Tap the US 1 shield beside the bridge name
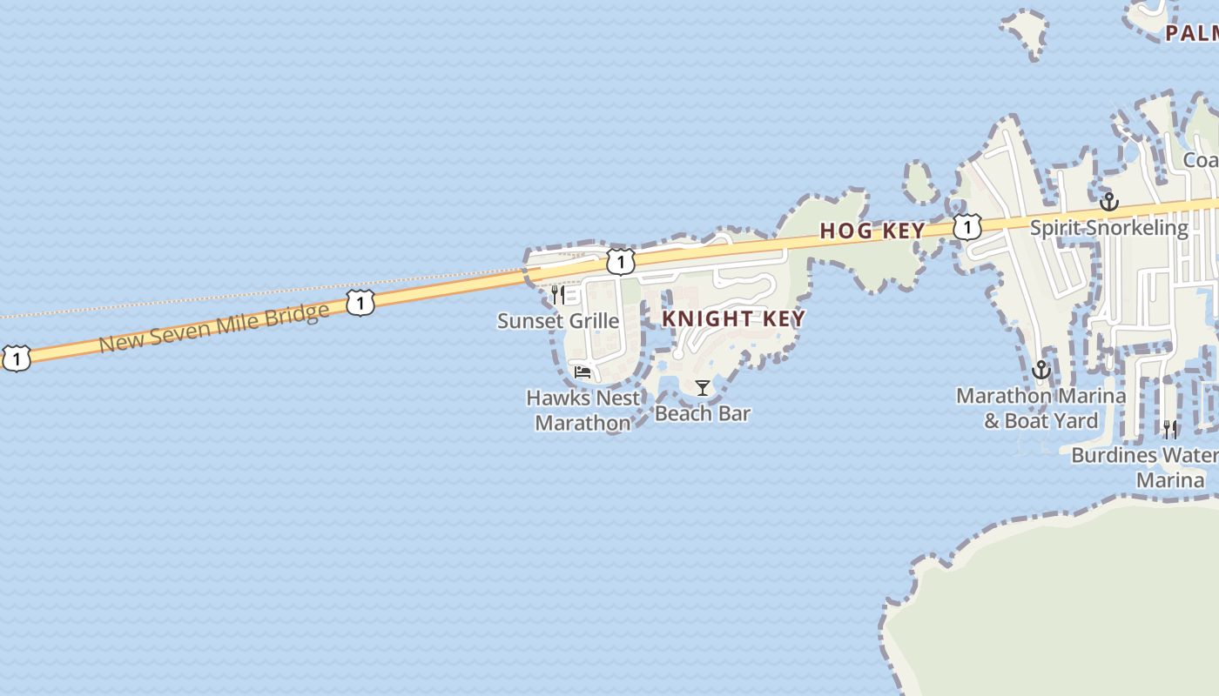pos(360,304)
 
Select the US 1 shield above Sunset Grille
pos(620,262)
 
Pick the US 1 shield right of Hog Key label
pos(966,227)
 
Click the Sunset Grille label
pos(558,321)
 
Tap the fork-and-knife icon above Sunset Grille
pos(557,295)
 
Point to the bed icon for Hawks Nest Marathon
pos(583,372)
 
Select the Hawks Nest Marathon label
pos(583,410)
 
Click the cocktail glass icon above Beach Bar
pos(703,387)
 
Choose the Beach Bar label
pos(703,413)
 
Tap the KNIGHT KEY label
pos(733,318)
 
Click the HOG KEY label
pos(872,231)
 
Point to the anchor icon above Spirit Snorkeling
pos(1108,202)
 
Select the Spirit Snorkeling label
pos(1108,228)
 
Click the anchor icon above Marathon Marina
pos(1041,371)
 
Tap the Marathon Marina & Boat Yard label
pos(1041,408)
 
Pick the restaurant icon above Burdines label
pos(1170,429)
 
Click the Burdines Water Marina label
pos(1145,467)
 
